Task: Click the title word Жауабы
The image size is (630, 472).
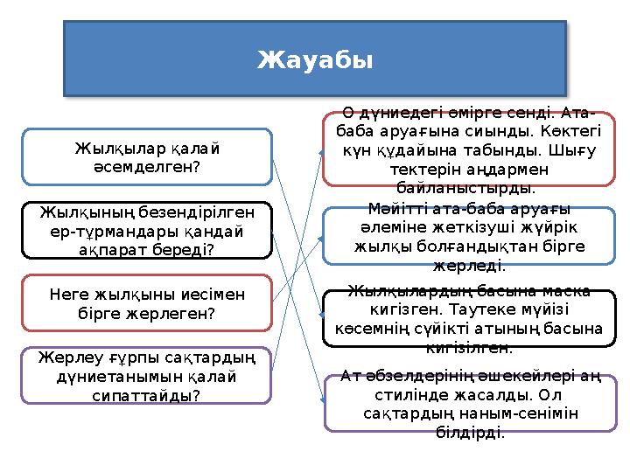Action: pyautogui.click(x=315, y=60)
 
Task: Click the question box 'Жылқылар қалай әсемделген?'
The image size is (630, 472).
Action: pyautogui.click(x=146, y=156)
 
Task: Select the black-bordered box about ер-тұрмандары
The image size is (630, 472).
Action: pyautogui.click(x=146, y=231)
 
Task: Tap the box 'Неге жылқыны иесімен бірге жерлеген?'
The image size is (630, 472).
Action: pyautogui.click(x=146, y=303)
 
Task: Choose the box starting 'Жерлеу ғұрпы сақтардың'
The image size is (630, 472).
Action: pyautogui.click(x=146, y=376)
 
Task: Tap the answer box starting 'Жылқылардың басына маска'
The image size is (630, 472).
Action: pyautogui.click(x=467, y=319)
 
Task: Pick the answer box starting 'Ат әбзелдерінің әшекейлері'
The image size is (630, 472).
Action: pyautogui.click(x=467, y=403)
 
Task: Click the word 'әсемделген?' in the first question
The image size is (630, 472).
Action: pyautogui.click(x=146, y=166)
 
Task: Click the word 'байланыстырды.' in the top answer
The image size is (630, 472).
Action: pyautogui.click(x=467, y=187)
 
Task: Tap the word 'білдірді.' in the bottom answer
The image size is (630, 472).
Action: pyautogui.click(x=469, y=432)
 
